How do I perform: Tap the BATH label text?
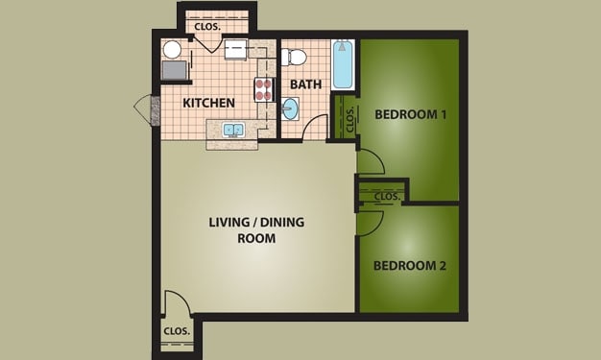pyautogui.click(x=305, y=84)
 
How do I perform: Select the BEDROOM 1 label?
pyautogui.click(x=410, y=114)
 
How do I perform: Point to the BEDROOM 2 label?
pyautogui.click(x=410, y=265)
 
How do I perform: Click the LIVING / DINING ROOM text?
pyautogui.click(x=256, y=230)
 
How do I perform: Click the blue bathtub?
pyautogui.click(x=342, y=65)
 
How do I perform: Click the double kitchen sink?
pyautogui.click(x=231, y=130)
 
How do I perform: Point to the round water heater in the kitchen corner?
pyautogui.click(x=172, y=50)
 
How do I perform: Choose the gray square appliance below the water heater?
pyautogui.click(x=174, y=70)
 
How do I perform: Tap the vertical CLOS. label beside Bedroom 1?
pyautogui.click(x=350, y=120)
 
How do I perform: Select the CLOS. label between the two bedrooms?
pyautogui.click(x=386, y=196)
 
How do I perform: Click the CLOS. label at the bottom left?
pyautogui.click(x=175, y=331)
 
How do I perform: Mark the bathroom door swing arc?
pyautogui.click(x=315, y=128)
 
